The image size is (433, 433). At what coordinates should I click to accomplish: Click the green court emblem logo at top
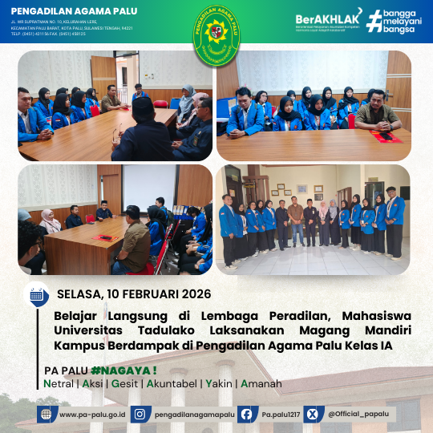pyautogui.click(x=216, y=31)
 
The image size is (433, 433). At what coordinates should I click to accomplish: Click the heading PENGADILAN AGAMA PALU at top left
pyautogui.click(x=68, y=11)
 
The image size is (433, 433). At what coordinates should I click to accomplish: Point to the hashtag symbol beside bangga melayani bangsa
pyautogui.click(x=374, y=21)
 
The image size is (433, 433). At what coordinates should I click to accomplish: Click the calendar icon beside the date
pyautogui.click(x=37, y=293)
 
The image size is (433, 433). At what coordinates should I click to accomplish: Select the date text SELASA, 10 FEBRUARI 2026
pyautogui.click(x=127, y=293)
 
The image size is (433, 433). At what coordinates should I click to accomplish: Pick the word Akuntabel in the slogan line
pyautogui.click(x=172, y=384)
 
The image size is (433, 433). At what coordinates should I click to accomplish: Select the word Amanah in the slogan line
pyautogui.click(x=261, y=384)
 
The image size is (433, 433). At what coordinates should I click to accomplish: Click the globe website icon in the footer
pyautogui.click(x=47, y=414)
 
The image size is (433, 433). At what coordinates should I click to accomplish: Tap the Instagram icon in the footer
pyautogui.click(x=140, y=414)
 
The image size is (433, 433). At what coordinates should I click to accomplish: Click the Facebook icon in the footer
pyautogui.click(x=247, y=414)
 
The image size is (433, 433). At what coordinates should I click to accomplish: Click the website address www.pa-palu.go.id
pyautogui.click(x=91, y=414)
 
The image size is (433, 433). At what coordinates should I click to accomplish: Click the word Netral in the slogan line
pyautogui.click(x=60, y=384)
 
